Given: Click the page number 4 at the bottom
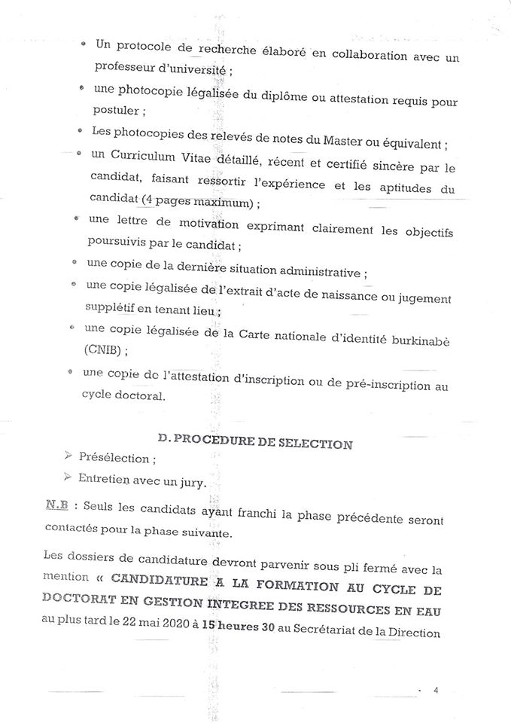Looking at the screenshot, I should pos(436,690).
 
